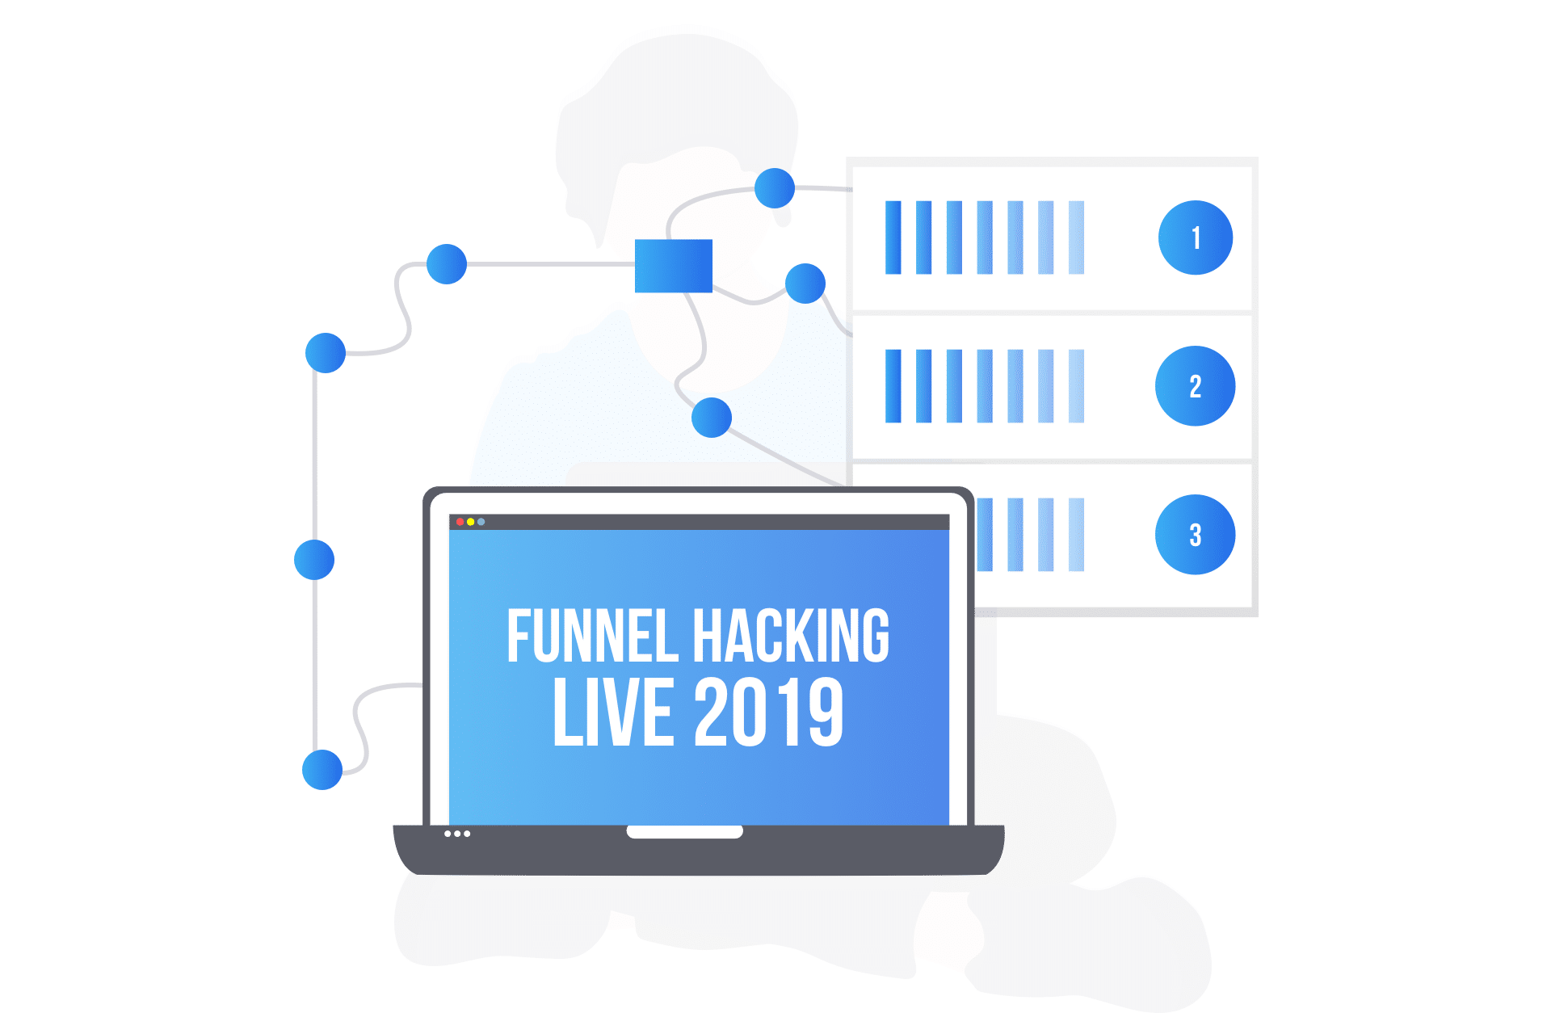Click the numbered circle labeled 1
[1196, 237]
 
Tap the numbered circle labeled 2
[1196, 386]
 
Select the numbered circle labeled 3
[1196, 535]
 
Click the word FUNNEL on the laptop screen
[592, 637]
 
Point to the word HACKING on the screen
[792, 637]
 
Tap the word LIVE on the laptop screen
[613, 712]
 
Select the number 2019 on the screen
[769, 712]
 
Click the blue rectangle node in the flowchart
[674, 266]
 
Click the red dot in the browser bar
[460, 522]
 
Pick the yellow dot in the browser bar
[471, 522]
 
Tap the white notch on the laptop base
[685, 832]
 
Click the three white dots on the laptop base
[457, 834]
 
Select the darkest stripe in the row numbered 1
[893, 237]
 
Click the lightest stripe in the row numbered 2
[1076, 386]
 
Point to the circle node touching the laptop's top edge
[712, 418]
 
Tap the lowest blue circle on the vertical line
[322, 770]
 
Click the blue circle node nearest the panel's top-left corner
[775, 188]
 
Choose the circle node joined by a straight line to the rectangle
[447, 264]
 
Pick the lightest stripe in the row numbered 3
[1076, 535]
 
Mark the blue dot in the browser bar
[481, 522]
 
